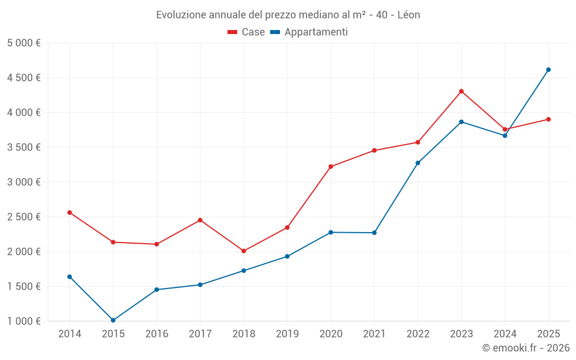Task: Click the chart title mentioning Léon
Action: (288, 14)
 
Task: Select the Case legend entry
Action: (246, 32)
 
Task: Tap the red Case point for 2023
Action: (461, 91)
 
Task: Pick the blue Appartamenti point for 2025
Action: (548, 70)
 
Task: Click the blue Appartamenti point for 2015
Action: (113, 320)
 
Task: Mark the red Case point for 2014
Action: (70, 213)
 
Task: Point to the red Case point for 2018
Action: (244, 251)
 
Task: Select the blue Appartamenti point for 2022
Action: (418, 163)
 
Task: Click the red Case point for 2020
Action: (331, 166)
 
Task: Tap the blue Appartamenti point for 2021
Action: (374, 233)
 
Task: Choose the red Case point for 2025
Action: (548, 119)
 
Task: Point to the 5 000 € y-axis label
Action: (24, 43)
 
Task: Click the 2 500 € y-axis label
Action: (24, 217)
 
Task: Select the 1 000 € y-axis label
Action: (24, 321)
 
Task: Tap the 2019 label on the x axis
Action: (287, 334)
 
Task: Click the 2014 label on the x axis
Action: (70, 334)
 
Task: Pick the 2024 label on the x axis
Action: (505, 334)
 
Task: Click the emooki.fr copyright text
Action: (525, 348)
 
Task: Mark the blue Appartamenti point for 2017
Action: (200, 285)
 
